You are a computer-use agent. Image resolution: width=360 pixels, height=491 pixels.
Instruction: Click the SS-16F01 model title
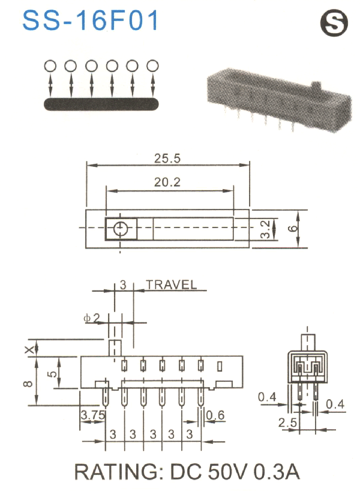(x=91, y=20)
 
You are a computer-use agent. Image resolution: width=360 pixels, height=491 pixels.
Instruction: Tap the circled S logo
(x=331, y=24)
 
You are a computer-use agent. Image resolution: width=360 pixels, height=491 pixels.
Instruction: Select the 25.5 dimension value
(x=167, y=158)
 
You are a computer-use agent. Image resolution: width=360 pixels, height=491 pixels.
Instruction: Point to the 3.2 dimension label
(x=265, y=229)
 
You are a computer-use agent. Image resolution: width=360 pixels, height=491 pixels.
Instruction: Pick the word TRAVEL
(x=171, y=285)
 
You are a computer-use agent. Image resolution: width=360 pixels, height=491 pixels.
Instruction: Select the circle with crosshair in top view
(x=121, y=229)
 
